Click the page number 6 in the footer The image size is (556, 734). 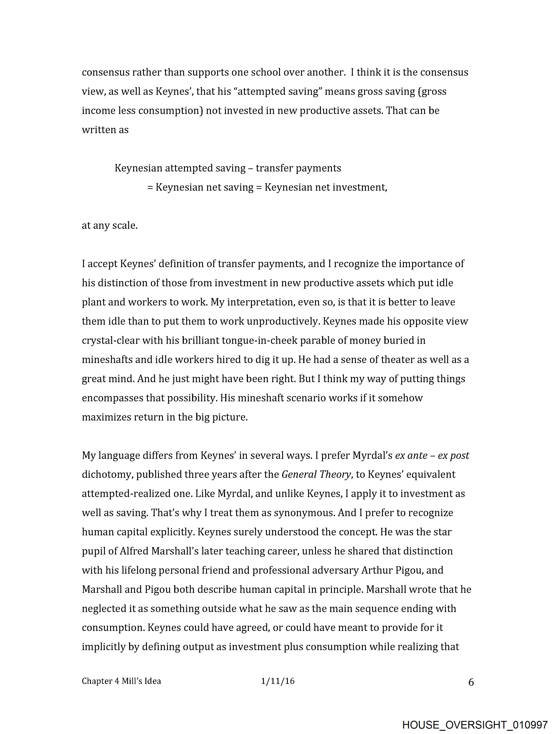(471, 682)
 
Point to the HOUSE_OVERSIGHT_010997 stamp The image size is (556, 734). (475, 724)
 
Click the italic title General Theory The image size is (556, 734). (316, 475)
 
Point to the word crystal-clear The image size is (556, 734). (111, 341)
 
